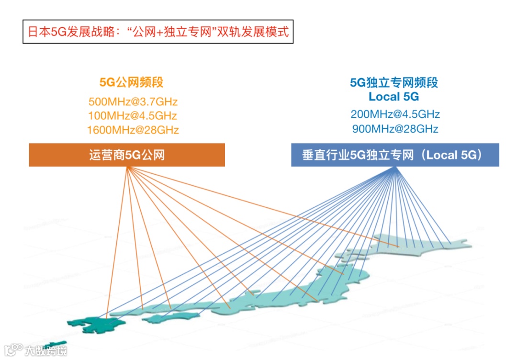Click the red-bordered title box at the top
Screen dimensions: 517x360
[158, 32]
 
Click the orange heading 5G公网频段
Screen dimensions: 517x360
[131, 82]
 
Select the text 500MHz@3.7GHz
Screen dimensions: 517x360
[133, 101]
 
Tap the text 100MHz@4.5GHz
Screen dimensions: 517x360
[133, 115]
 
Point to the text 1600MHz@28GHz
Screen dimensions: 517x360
[133, 130]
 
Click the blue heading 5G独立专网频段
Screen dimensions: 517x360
[393, 83]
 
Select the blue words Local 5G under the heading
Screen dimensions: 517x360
[393, 97]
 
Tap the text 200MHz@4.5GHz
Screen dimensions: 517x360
[395, 114]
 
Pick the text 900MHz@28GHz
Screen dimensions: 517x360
[395, 129]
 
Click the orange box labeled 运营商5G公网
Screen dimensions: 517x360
[127, 155]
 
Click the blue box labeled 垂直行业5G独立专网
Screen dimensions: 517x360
[395, 155]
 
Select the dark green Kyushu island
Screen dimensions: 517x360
[89, 325]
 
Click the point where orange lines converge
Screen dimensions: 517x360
[127, 168]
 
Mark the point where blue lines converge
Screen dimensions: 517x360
[395, 168]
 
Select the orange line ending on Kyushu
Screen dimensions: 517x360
[116, 244]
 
